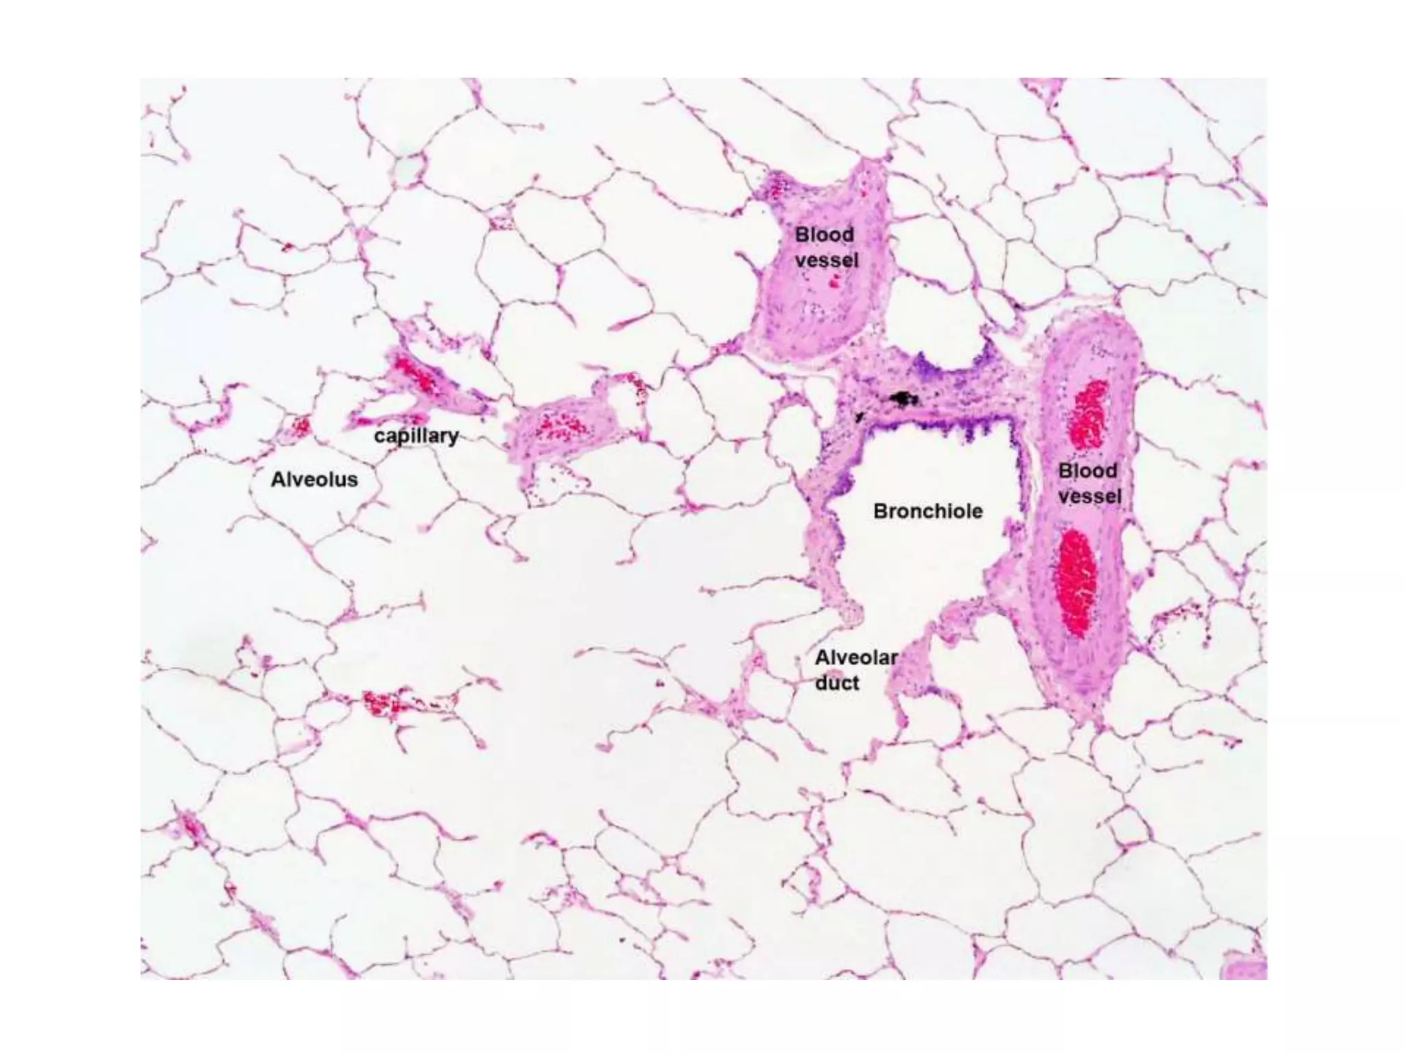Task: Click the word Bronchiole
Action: click(928, 511)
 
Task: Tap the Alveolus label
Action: click(314, 479)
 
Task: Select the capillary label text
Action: click(416, 436)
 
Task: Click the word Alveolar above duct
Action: click(856, 657)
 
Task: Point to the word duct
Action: click(837, 683)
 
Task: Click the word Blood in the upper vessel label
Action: click(825, 235)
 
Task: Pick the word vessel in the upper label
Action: click(827, 261)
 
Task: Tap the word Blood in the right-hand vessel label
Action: click(1087, 471)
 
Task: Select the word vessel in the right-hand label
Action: click(1089, 496)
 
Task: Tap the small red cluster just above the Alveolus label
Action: click(301, 427)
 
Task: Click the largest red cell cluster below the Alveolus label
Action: click(381, 703)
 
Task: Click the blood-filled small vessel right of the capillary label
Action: click(560, 425)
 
